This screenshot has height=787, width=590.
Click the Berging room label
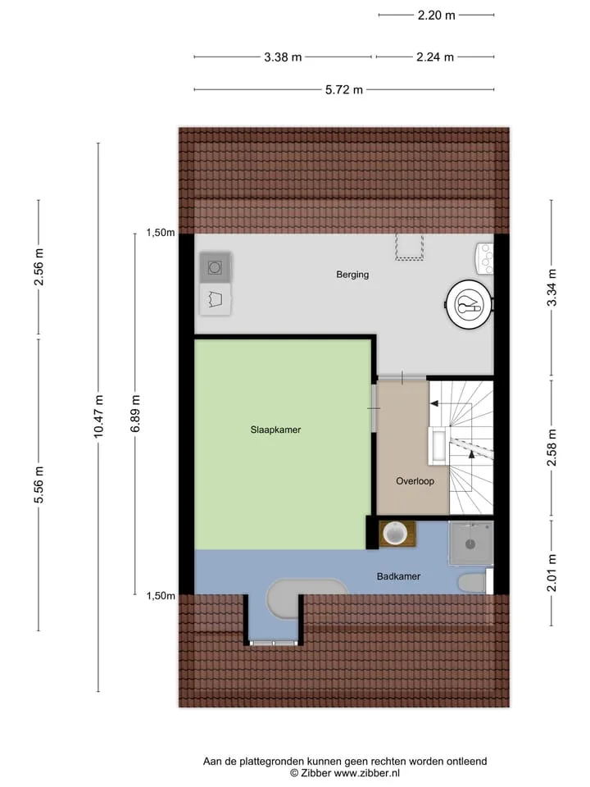(352, 275)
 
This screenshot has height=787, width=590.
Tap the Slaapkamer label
(275, 430)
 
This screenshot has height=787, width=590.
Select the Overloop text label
(415, 481)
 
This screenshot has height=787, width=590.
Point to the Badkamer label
(398, 576)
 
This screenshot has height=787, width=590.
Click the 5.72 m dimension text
(343, 90)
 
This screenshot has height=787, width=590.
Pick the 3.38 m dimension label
(283, 57)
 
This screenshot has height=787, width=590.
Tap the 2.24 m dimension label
(435, 57)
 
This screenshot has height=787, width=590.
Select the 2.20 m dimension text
(437, 16)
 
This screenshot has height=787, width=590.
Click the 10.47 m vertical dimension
(98, 416)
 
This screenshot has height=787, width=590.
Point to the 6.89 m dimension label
(135, 413)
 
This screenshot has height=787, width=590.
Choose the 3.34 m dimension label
(551, 288)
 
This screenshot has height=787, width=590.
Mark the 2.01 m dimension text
(551, 573)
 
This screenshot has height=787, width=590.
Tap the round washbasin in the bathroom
(395, 533)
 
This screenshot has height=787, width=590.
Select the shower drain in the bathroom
(470, 544)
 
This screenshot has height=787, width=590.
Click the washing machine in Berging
(216, 267)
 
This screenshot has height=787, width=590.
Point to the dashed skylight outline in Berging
(410, 247)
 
